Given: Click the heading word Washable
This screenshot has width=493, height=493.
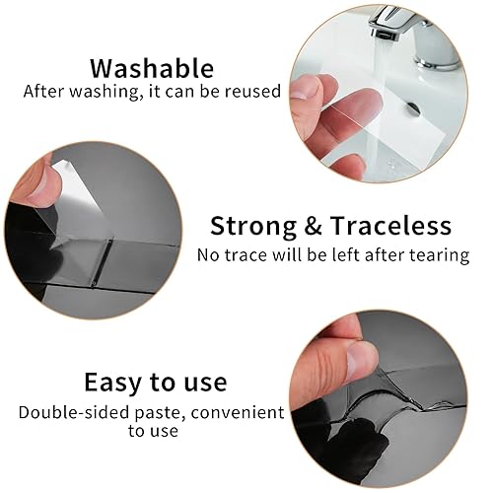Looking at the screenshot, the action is tap(152, 68).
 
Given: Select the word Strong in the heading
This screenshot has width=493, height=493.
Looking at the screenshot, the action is tap(253, 227).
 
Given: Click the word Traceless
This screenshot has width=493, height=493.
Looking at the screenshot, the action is tap(390, 226).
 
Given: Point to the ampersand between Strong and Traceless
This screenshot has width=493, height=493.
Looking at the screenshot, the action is tap(313, 226).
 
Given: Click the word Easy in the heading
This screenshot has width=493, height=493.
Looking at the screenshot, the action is tap(113, 383).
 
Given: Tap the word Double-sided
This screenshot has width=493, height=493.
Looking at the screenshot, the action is tap(73, 412).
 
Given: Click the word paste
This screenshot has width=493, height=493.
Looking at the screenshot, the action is tap(159, 413).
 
